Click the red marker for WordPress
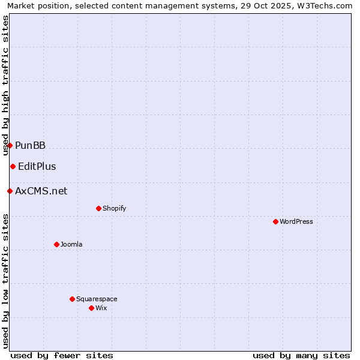275,221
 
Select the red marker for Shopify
98,208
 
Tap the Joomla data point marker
56,244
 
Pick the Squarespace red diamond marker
72,299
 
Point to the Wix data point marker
91,308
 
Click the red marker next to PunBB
10,145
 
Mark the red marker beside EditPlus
13,166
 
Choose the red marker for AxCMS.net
10,191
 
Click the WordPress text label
296,221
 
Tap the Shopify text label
115,208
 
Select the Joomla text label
71,244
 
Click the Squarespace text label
97,299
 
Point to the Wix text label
101,308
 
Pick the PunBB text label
30,145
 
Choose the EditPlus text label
37,166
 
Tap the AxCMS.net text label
41,191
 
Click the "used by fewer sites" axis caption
62,355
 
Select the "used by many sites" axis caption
301,355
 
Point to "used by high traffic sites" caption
6,86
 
